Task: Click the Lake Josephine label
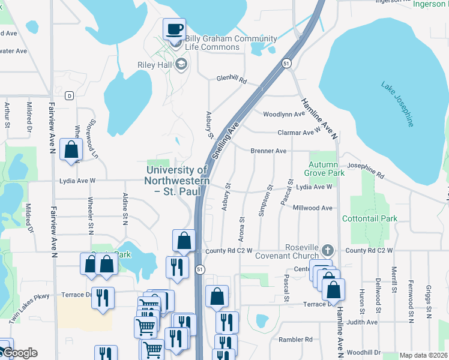point(397,104)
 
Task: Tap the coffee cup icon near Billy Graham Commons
point(175,28)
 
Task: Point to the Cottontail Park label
point(369,219)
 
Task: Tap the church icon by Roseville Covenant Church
point(327,250)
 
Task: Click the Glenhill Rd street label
point(232,79)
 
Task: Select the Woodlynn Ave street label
point(284,114)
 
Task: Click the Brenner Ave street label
point(268,151)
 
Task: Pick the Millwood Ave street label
point(312,208)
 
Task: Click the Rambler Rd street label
point(295,339)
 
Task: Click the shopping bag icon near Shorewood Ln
point(71,150)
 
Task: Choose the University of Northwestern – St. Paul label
point(178,181)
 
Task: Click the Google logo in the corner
point(19,353)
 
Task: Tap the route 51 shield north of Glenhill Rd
point(288,64)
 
